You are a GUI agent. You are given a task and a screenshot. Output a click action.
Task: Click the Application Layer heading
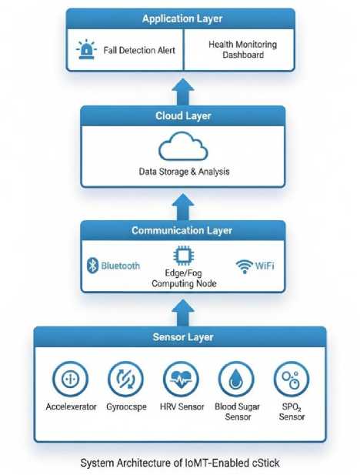(x=182, y=18)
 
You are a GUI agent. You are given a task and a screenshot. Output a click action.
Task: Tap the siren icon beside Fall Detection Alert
(x=86, y=49)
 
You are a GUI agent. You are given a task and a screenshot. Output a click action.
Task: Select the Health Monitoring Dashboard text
(x=242, y=50)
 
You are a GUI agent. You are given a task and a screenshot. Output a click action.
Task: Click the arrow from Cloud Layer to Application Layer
(x=183, y=92)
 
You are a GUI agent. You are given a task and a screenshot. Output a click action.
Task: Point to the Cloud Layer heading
(x=183, y=115)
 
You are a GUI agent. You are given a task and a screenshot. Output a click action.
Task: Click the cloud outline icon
(x=183, y=146)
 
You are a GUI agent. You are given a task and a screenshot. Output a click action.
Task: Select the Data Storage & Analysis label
(x=184, y=172)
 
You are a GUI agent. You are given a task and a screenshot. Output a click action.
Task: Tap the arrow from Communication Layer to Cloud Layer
(x=183, y=207)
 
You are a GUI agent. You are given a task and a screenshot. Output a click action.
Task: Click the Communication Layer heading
(x=182, y=230)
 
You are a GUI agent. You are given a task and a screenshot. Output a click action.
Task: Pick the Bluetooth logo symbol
(x=92, y=266)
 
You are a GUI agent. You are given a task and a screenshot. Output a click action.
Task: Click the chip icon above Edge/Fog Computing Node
(x=184, y=256)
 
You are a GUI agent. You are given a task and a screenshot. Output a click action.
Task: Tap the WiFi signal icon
(x=245, y=266)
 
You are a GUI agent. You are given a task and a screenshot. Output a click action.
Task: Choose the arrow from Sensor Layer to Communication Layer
(x=183, y=313)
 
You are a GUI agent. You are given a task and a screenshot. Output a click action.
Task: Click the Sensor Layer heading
(x=183, y=337)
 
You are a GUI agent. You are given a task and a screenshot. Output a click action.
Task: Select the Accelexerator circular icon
(x=70, y=379)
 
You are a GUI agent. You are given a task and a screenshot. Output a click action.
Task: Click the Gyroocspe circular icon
(x=125, y=379)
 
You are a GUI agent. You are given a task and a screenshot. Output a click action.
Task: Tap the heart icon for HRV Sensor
(x=181, y=379)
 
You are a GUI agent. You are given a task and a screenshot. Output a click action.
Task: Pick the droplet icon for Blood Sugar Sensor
(x=236, y=379)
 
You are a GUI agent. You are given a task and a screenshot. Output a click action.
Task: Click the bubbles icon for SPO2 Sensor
(x=292, y=379)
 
